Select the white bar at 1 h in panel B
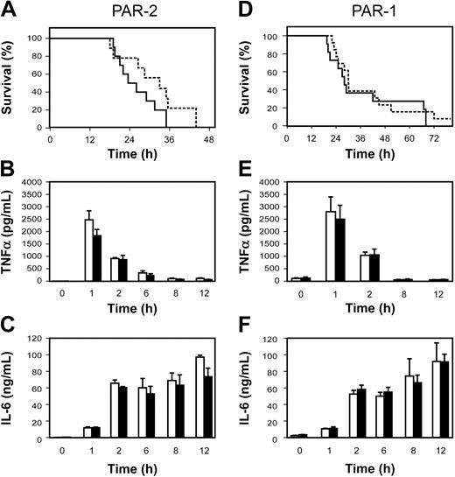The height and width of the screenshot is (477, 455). tap(89, 250)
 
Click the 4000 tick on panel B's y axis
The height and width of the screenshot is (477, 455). tap(33, 183)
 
